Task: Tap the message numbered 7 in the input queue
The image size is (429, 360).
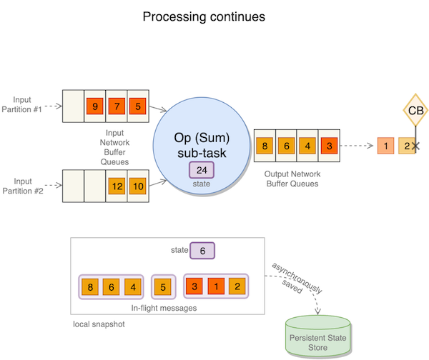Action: [x=117, y=107]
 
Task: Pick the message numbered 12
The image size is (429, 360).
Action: [x=117, y=186]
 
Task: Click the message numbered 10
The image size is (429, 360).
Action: [x=138, y=186]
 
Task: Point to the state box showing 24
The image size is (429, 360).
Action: [x=202, y=171]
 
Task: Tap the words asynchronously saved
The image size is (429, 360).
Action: [x=295, y=276]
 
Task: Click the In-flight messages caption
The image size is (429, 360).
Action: [x=164, y=308]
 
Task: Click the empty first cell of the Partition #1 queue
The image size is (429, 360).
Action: [x=73, y=107]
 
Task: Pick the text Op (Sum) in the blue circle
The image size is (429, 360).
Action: [x=202, y=138]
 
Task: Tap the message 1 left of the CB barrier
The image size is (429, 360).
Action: [x=386, y=146]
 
